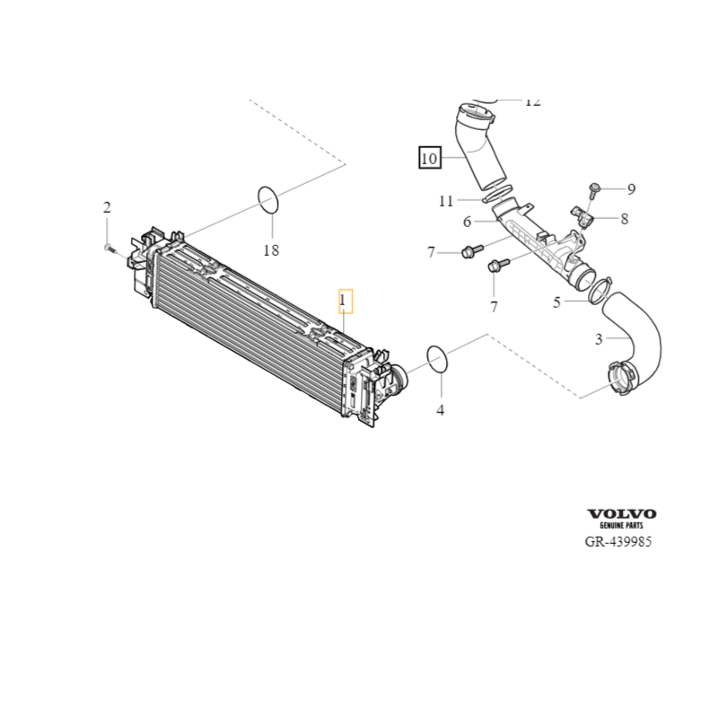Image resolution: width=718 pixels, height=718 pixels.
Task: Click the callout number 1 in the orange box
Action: [346, 301]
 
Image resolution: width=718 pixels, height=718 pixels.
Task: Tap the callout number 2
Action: [107, 208]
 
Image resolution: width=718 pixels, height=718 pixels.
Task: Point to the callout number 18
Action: [271, 250]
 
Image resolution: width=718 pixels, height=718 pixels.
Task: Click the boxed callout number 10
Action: [429, 159]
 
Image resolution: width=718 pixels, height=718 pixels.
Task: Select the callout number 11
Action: [446, 201]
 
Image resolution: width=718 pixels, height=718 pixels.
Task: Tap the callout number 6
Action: [467, 222]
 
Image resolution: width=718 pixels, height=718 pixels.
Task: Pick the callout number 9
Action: [631, 188]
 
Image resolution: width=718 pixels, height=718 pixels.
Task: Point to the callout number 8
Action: [624, 217]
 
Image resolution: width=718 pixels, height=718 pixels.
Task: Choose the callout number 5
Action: [556, 302]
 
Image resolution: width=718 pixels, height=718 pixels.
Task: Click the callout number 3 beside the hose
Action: [599, 338]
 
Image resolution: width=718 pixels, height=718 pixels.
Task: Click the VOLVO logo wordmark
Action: [622, 513]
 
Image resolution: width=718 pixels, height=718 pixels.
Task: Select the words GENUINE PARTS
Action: [622, 525]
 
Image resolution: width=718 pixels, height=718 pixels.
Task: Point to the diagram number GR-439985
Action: [618, 543]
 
